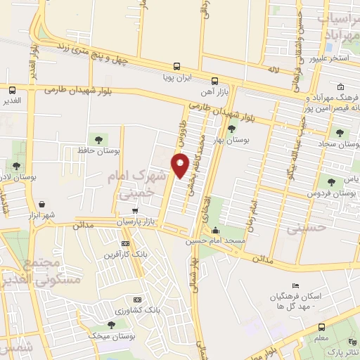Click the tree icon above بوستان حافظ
coord(96,138)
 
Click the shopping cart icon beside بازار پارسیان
coord(135,210)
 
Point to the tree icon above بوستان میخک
coord(111,324)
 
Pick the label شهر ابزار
coord(42,215)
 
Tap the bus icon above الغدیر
coord(12,89)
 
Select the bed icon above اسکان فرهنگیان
coord(295,284)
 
